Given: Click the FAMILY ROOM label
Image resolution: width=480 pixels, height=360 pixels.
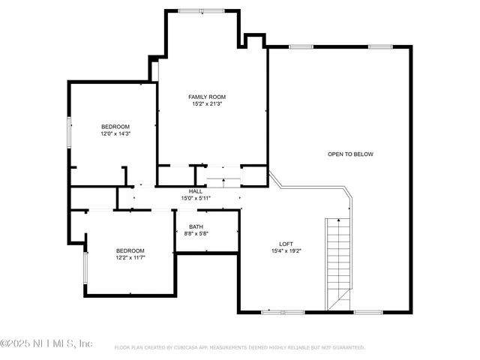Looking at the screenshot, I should tap(206, 97).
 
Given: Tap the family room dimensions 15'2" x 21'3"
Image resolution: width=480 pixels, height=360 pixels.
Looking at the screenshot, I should tap(206, 104).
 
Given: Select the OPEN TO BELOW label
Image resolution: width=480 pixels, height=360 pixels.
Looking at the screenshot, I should tap(350, 154).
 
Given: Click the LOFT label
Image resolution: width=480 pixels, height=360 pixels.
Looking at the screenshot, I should tap(286, 244).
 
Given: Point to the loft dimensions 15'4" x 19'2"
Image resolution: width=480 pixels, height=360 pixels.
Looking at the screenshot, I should tap(286, 251).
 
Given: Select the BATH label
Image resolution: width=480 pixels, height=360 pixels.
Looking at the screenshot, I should tap(196, 226).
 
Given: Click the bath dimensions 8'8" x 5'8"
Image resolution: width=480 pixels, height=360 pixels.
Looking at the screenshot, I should tap(196, 233).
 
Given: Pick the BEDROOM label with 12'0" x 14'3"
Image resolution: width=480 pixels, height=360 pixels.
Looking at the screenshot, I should tap(115, 126).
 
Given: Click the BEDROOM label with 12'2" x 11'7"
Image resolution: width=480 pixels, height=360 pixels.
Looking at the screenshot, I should tap(130, 250).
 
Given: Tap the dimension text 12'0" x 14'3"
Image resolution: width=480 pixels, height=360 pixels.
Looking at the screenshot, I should tap(115, 133).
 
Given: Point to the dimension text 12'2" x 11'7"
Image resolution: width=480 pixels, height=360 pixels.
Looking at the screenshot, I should tap(130, 258).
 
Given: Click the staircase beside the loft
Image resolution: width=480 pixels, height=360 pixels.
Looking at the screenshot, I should tap(338, 262).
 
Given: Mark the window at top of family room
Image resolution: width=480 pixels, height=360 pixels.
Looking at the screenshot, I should tap(201, 10).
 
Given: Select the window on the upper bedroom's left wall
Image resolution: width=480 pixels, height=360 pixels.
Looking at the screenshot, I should tap(69, 131).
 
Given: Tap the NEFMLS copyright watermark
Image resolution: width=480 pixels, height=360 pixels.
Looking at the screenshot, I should tap(46, 343).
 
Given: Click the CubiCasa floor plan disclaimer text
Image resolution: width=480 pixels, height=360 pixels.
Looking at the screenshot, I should tap(239, 347).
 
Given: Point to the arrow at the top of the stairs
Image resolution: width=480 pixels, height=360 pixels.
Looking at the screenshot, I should tap(339, 221).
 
